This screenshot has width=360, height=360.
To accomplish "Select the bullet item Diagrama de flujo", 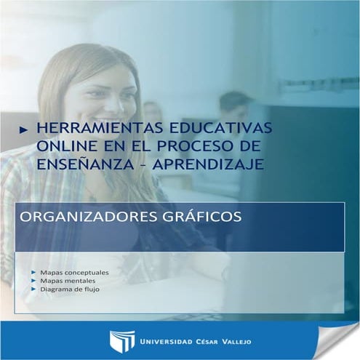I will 71,289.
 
